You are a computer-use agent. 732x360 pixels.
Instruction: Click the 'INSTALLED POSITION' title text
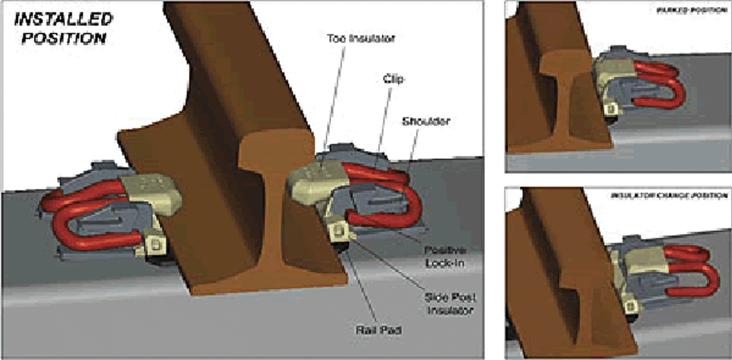click(64, 28)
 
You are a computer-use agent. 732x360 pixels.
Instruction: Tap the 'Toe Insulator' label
click(361, 38)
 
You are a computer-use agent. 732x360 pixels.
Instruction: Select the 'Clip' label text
click(393, 79)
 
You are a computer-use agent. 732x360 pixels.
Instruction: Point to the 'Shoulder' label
click(426, 121)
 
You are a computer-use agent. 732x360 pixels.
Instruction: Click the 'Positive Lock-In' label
click(445, 257)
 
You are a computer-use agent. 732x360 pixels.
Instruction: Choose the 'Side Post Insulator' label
click(450, 304)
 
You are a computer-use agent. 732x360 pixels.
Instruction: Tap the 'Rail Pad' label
click(379, 330)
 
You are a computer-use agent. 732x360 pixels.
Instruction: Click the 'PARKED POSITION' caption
click(691, 10)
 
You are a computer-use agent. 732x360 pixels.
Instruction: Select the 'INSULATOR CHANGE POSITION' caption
click(669, 196)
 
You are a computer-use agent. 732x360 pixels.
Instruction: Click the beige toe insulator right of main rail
click(316, 183)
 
